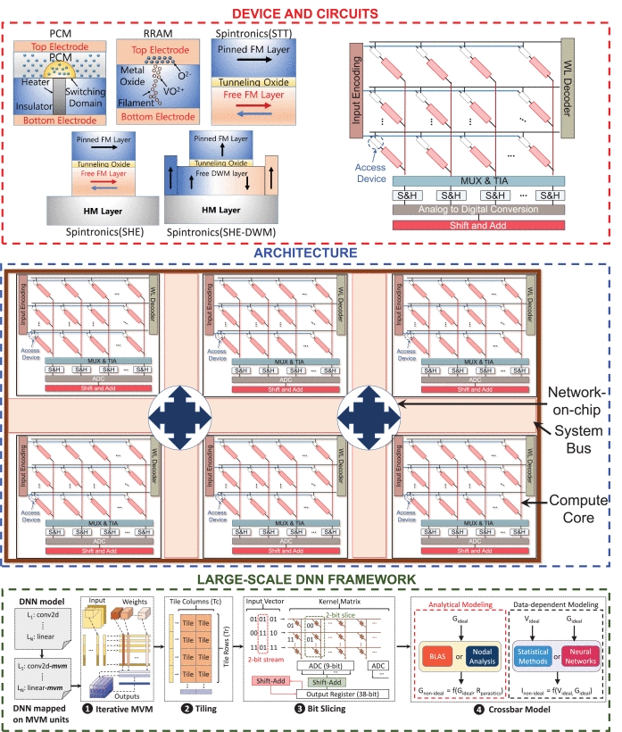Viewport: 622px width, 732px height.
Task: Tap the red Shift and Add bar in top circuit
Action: pyautogui.click(x=482, y=227)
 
